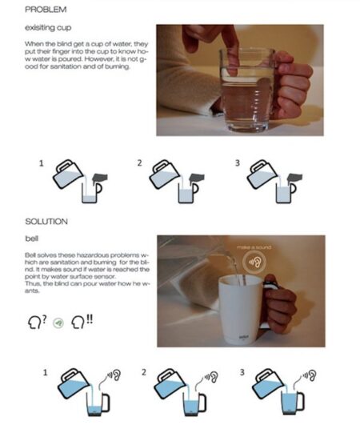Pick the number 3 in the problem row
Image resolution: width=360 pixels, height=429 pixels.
coord(238,163)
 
